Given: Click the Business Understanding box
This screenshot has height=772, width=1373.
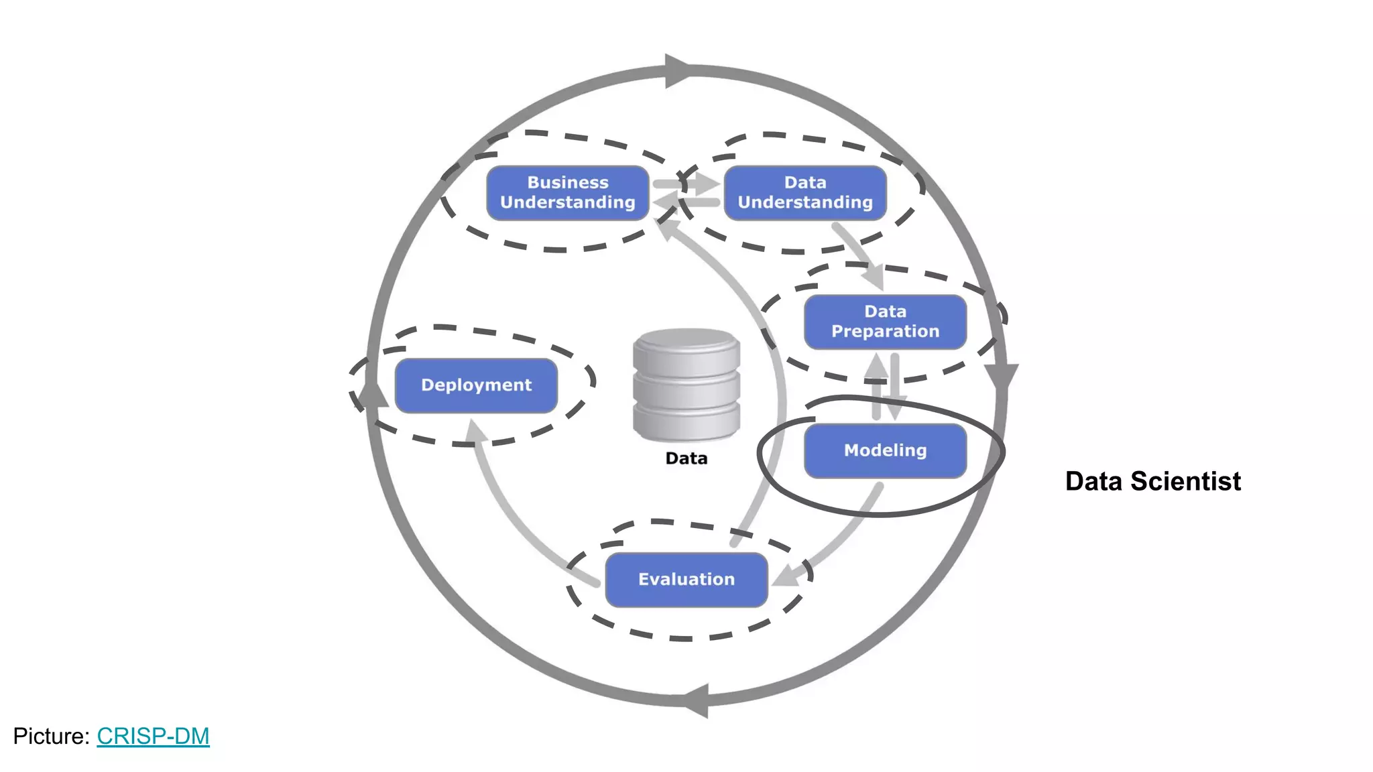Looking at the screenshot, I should pos(567,193).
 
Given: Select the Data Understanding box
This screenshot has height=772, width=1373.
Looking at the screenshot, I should pos(804,193).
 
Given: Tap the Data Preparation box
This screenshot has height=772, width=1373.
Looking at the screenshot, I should pos(885,322).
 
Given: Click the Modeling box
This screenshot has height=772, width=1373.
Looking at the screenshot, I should pos(885,450).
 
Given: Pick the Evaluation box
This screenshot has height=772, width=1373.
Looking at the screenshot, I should pos(686,580).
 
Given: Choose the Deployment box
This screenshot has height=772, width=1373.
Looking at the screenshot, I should pos(476,385).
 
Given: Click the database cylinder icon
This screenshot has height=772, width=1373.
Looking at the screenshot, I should pos(686,385).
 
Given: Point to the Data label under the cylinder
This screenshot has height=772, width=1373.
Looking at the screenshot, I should pos(686,458).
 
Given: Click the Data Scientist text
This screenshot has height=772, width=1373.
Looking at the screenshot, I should pos(1152,481).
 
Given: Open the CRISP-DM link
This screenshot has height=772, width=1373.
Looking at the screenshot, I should pos(153,736).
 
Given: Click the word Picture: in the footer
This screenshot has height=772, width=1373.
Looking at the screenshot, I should pos(51,736).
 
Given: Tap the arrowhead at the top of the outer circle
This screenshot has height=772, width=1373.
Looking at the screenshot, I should pos(677,70).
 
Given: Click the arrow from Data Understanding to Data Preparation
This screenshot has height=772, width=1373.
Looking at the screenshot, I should pos(858,255).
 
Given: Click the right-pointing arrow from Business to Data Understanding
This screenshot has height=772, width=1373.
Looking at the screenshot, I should pos(691,183).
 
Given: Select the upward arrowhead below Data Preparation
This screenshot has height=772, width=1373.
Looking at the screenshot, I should pos(876,367).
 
